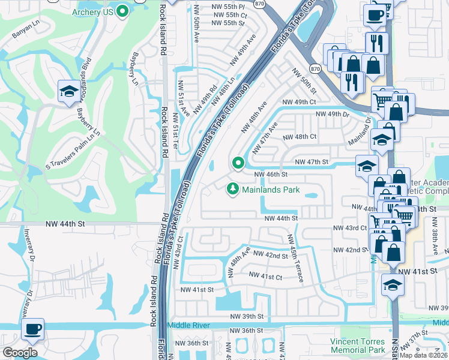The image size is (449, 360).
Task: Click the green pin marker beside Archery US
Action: coord(123,11)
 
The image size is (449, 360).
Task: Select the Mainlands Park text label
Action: coord(271,190)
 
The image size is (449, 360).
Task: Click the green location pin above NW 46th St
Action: coord(238,163)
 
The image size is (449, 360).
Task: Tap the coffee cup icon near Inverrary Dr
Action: coord(32,329)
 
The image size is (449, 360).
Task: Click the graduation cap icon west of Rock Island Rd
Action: coord(67,91)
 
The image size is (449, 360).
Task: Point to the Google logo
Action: coord(20,353)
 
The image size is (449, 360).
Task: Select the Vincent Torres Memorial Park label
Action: coord(358,345)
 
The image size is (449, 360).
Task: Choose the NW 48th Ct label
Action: coord(300,137)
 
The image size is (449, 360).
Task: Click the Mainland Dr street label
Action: coord(360,132)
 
